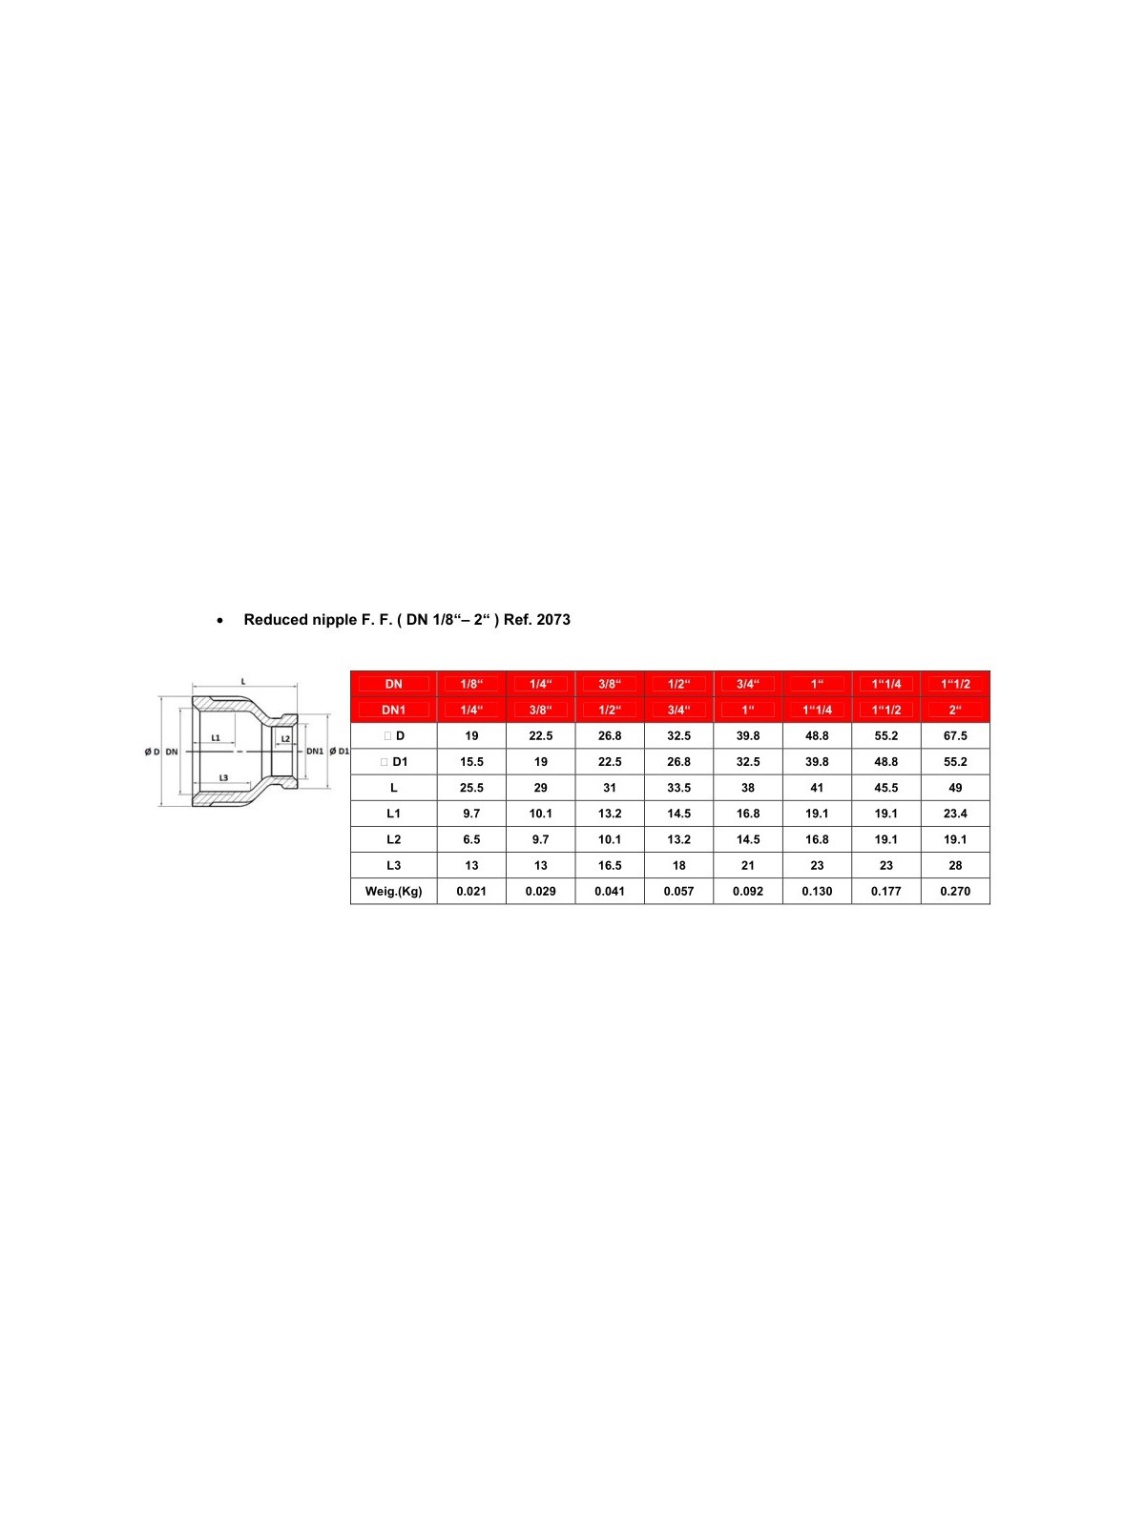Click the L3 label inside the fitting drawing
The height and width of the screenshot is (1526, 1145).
tap(223, 777)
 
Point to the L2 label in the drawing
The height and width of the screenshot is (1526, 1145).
tap(285, 739)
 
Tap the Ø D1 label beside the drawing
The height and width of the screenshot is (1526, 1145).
tap(339, 752)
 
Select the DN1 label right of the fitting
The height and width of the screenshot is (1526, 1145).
tap(315, 752)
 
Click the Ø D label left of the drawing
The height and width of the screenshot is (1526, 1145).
tap(153, 752)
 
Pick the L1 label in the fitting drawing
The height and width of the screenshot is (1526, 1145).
tap(216, 737)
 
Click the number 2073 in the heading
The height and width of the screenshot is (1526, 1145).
tap(553, 620)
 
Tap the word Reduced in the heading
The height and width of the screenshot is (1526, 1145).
tap(275, 620)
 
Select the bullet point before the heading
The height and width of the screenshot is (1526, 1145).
tap(220, 621)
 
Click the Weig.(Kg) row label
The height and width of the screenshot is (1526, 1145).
tap(393, 892)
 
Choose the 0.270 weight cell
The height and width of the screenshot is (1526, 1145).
tap(955, 892)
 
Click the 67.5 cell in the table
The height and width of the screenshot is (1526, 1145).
tap(955, 736)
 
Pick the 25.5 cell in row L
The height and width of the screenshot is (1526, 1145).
tap(471, 788)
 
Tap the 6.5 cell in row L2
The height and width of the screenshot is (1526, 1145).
tap(471, 840)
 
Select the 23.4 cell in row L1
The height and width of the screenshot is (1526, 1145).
tap(955, 814)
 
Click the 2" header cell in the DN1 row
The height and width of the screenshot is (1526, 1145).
tap(955, 710)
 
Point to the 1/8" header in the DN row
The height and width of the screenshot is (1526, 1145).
tap(471, 684)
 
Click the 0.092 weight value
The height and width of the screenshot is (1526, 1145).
tap(748, 892)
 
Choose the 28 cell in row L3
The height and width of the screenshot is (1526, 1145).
tap(955, 866)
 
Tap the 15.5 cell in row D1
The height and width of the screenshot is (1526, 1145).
tap(471, 762)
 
